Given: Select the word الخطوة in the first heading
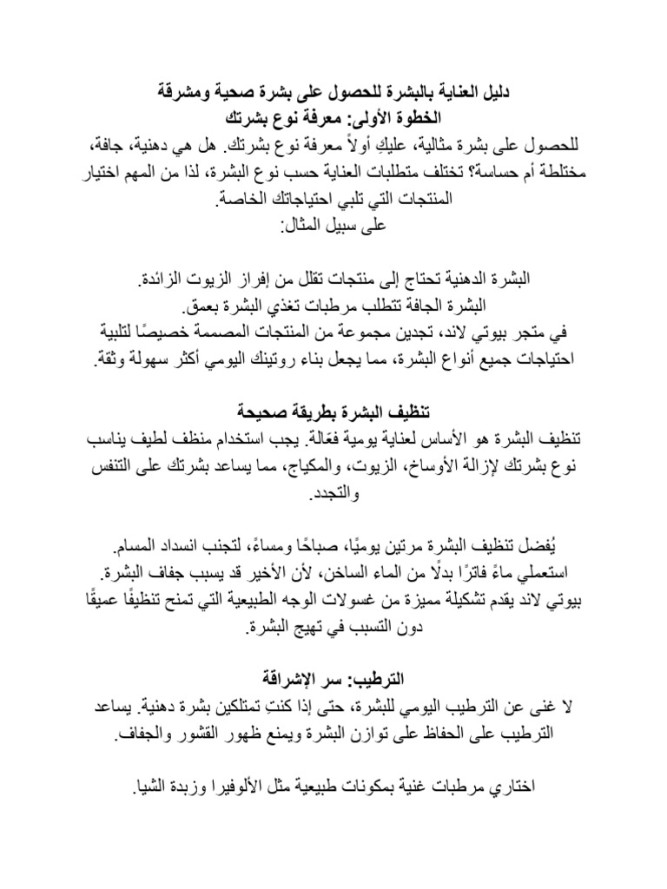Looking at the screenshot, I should tap(432, 116).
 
